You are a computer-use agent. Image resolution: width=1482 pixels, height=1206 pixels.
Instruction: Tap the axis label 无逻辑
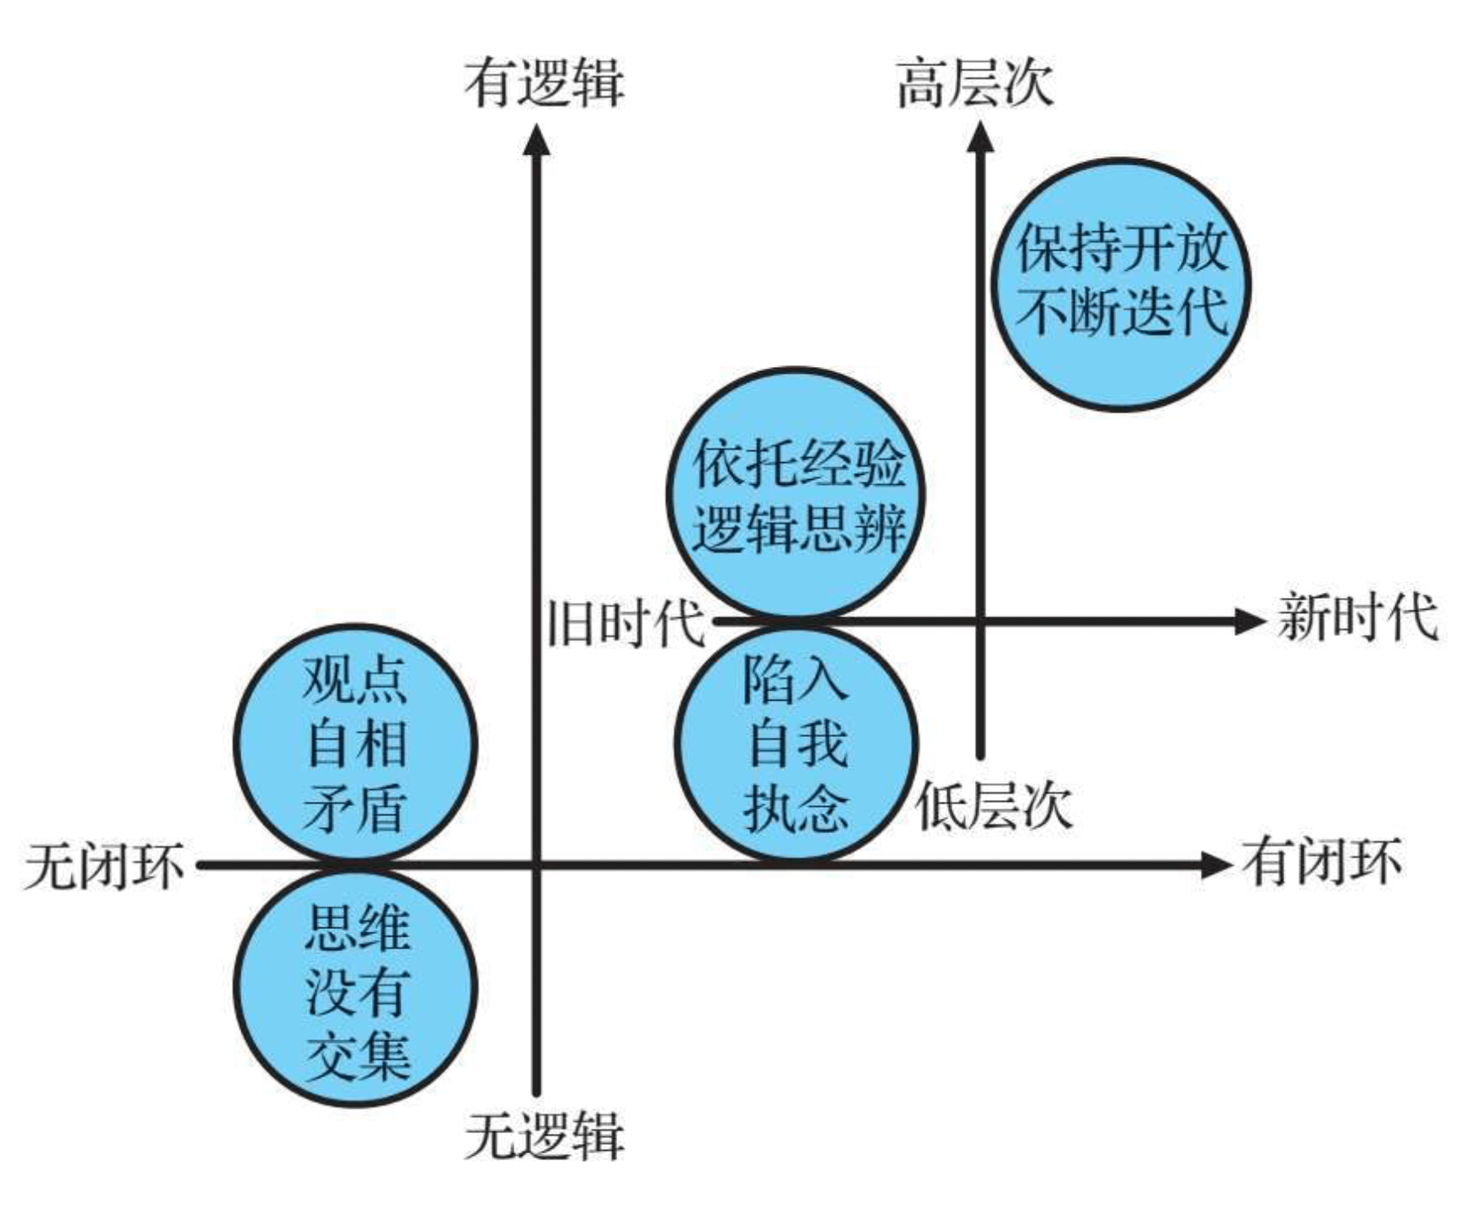tap(544, 1135)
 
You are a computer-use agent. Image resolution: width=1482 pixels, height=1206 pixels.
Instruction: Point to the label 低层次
tap(993, 804)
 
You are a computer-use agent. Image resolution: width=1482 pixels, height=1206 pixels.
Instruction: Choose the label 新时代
tap(1357, 617)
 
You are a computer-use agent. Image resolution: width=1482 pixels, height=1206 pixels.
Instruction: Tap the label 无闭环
tap(104, 867)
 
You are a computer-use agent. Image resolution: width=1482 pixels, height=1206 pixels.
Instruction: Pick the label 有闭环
tap(1322, 862)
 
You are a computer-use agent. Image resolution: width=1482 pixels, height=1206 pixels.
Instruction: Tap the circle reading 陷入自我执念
tap(796, 744)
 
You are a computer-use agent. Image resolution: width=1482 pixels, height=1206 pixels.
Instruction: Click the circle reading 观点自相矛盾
tap(356, 744)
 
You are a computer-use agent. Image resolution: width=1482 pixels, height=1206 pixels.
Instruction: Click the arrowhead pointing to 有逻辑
tap(536, 141)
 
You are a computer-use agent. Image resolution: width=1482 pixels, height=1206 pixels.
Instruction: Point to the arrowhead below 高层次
tap(980, 138)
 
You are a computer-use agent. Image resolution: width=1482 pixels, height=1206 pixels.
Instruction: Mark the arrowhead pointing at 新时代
tap(1249, 621)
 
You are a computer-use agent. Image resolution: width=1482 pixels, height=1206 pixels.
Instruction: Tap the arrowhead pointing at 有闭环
tap(1215, 865)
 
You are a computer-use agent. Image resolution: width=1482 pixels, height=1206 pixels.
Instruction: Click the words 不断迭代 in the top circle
tap(1121, 313)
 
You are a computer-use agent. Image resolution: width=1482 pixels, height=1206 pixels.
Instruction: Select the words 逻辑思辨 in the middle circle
tap(798, 528)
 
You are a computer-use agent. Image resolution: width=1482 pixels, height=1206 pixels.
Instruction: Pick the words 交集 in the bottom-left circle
tap(357, 1057)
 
